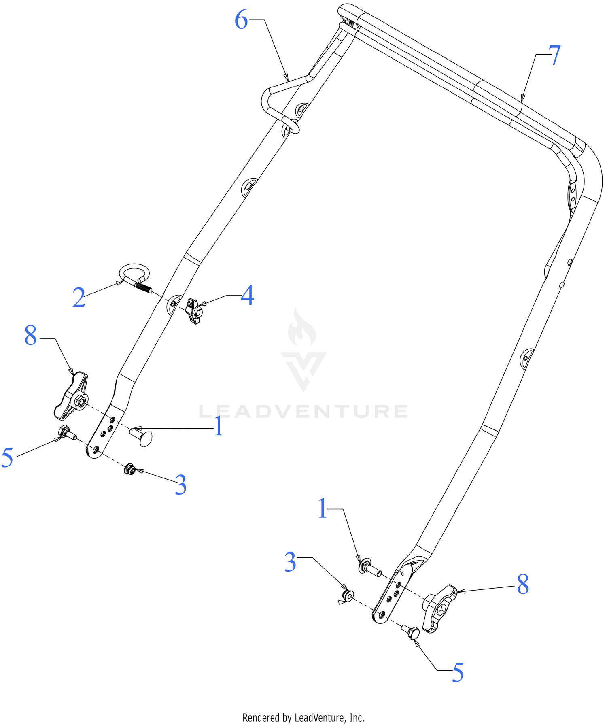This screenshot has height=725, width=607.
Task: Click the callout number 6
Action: [241, 20]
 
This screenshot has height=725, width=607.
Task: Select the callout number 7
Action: [554, 55]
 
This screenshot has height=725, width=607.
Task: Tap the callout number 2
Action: [79, 298]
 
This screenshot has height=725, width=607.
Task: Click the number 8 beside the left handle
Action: [31, 336]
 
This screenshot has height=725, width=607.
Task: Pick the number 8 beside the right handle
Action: [523, 584]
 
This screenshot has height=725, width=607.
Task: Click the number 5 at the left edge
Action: [7, 457]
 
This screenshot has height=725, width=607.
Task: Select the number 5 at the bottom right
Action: [458, 672]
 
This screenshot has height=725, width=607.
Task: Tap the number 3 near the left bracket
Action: [180, 485]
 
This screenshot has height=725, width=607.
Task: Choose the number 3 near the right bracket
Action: [290, 562]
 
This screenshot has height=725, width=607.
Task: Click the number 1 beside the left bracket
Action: [219, 426]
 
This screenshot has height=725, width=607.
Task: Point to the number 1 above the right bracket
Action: [323, 508]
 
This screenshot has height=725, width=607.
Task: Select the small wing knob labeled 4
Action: [194, 311]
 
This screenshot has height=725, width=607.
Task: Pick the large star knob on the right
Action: [440, 608]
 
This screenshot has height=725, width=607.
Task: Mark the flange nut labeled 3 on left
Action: [129, 469]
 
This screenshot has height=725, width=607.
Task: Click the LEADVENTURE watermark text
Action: [303, 411]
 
